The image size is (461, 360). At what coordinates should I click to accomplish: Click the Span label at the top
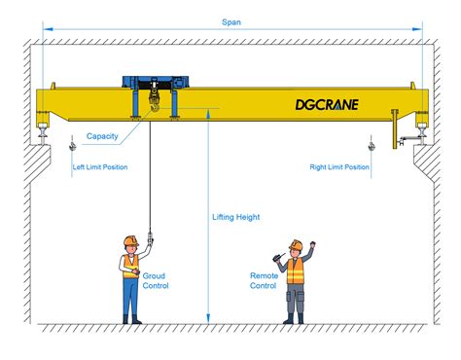[x=230, y=21]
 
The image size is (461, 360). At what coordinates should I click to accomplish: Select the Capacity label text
[x=102, y=136]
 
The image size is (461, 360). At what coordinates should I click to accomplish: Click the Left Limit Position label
[x=100, y=167]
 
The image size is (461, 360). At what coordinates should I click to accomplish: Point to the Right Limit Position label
[x=338, y=167]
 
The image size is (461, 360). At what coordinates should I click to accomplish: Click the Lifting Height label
[x=236, y=217]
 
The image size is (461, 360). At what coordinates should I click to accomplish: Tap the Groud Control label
[x=156, y=281]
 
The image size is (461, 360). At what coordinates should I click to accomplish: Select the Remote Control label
[x=264, y=281]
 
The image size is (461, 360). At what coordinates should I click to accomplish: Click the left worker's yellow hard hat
[x=129, y=240]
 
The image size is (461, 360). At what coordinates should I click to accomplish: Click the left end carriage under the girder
[x=44, y=122]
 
